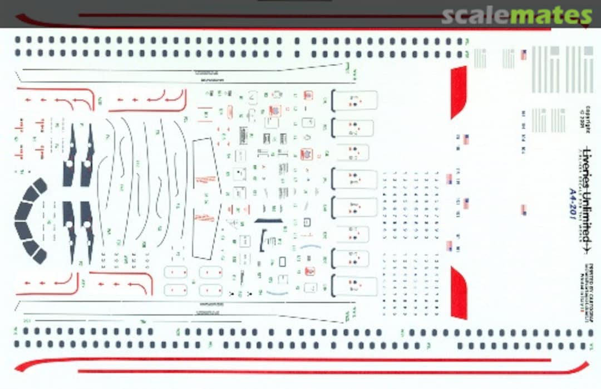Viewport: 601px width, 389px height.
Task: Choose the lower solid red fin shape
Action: [x=459, y=293]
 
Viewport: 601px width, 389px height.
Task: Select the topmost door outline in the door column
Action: [x=354, y=101]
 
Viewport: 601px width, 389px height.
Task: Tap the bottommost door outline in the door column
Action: [x=354, y=285]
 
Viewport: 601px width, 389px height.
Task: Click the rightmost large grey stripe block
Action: [x=588, y=70]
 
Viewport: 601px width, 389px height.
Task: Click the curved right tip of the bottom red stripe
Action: [x=582, y=368]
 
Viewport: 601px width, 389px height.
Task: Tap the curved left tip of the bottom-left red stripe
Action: [x=22, y=366]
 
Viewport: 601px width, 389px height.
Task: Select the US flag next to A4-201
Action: [x=524, y=210]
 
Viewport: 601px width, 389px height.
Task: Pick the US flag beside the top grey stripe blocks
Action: [x=524, y=55]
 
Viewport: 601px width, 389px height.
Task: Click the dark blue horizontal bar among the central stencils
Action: [x=268, y=221]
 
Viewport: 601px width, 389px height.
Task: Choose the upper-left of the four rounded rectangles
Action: [x=175, y=272]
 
